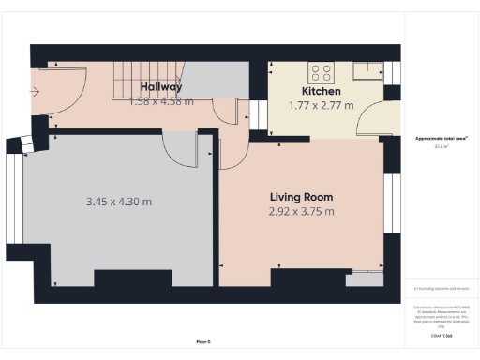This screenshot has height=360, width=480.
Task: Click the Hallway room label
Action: click(160, 86)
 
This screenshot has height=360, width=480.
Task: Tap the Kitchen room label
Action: click(321, 91)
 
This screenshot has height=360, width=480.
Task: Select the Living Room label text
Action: click(301, 197)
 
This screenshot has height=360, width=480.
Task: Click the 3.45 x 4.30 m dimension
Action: click(119, 202)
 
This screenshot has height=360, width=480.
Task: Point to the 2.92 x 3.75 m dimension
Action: click(301, 211)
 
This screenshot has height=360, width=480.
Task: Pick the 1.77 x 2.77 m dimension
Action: click(321, 105)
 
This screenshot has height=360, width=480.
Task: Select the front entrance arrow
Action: click(35, 92)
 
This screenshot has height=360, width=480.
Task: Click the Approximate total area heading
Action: click(441, 138)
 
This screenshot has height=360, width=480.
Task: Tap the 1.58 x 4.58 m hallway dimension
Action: click(160, 100)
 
